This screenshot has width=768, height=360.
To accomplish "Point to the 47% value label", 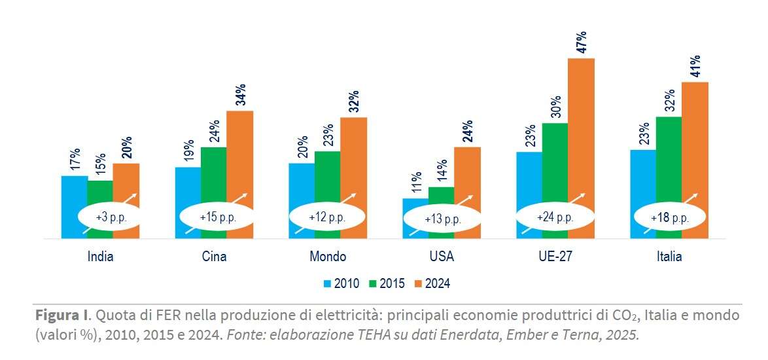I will click(x=582, y=41).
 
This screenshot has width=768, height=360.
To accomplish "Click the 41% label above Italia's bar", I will click(x=695, y=65).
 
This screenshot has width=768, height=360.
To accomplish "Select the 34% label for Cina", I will click(x=240, y=95).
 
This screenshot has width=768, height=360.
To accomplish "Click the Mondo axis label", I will click(x=328, y=257).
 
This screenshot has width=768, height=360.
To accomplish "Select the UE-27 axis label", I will click(x=555, y=257).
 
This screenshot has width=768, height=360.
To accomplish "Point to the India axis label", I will click(x=100, y=257).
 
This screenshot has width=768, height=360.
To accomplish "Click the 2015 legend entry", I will click(x=387, y=283).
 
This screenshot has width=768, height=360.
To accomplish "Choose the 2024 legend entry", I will click(x=431, y=283).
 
